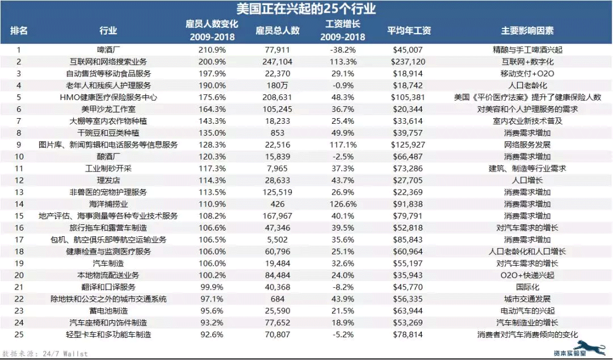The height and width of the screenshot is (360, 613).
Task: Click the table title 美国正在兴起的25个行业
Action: click(x=306, y=9)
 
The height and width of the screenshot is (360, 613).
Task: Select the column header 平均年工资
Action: click(x=409, y=31)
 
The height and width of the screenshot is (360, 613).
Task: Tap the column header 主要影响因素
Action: click(x=527, y=31)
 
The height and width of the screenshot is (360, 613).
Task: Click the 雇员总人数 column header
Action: click(x=278, y=31)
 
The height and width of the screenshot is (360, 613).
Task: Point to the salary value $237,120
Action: click(x=408, y=62)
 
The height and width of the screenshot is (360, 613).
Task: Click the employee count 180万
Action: click(x=278, y=85)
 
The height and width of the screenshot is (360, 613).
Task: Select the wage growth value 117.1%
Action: click(x=343, y=145)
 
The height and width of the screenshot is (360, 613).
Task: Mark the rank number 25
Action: click(x=19, y=335)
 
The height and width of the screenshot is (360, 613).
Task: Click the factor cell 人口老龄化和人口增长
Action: click(x=527, y=252)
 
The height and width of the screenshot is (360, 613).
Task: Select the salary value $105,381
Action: click(x=408, y=97)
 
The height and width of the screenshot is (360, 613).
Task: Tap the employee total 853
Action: click(x=278, y=133)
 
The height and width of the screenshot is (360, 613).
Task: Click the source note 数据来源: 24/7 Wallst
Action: click(x=45, y=354)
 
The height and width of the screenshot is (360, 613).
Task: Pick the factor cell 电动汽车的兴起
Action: click(x=527, y=311)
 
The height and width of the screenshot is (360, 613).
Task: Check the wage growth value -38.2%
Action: click(x=343, y=50)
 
